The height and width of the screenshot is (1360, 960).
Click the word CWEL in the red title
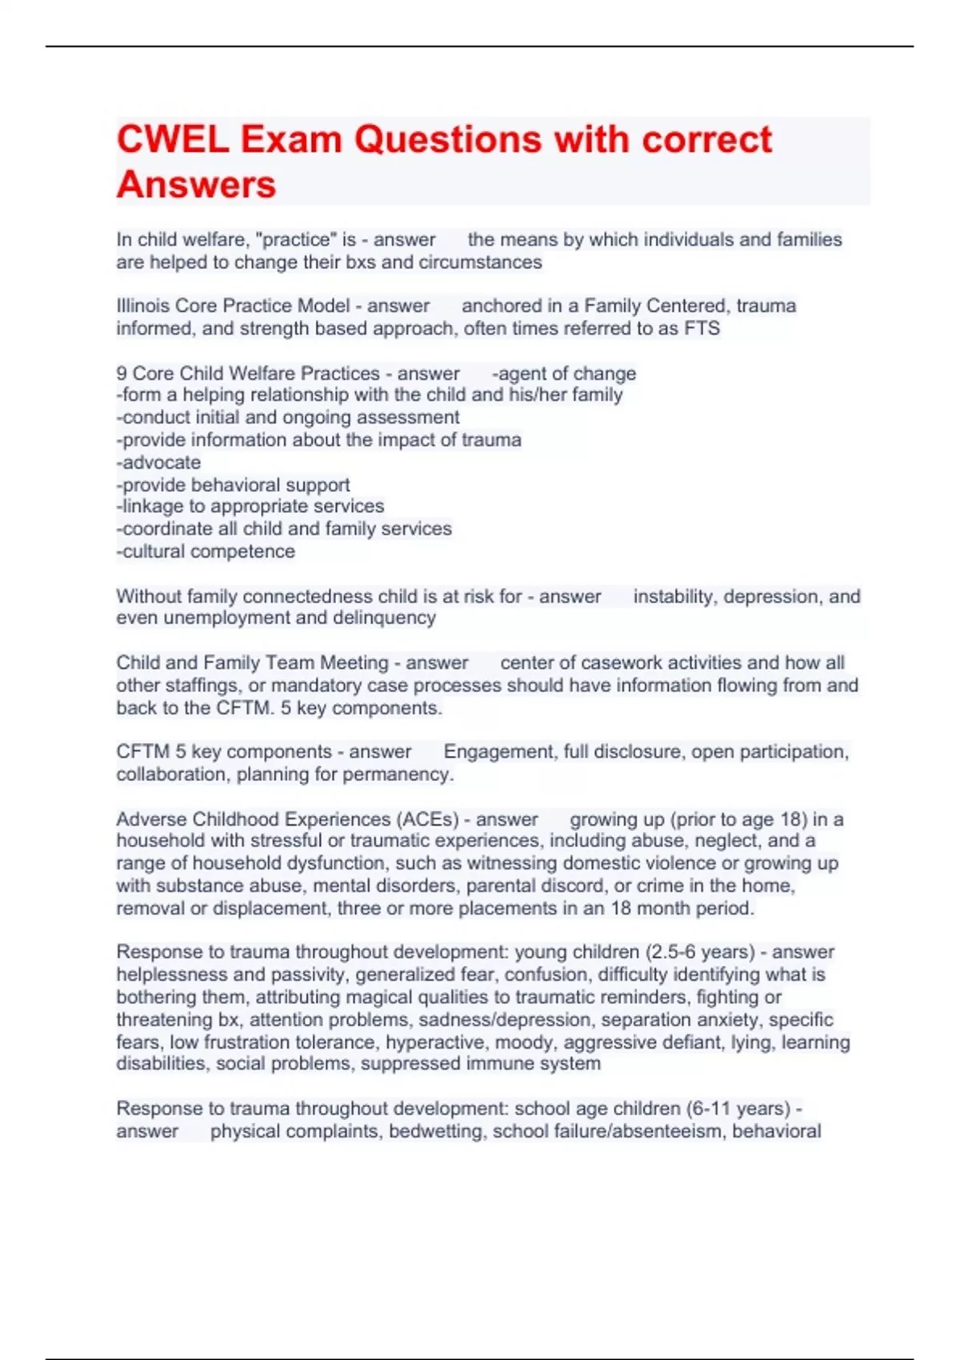(x=172, y=140)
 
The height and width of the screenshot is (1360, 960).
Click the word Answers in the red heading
(x=196, y=185)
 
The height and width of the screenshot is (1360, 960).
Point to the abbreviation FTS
(x=702, y=328)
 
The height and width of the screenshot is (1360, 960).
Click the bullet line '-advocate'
(x=158, y=462)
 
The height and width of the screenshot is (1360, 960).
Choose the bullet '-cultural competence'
(x=206, y=551)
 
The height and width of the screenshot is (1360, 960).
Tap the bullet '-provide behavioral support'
(x=233, y=485)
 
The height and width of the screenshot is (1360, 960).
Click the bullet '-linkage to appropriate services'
(x=250, y=506)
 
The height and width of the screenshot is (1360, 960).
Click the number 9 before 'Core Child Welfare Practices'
(x=122, y=374)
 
